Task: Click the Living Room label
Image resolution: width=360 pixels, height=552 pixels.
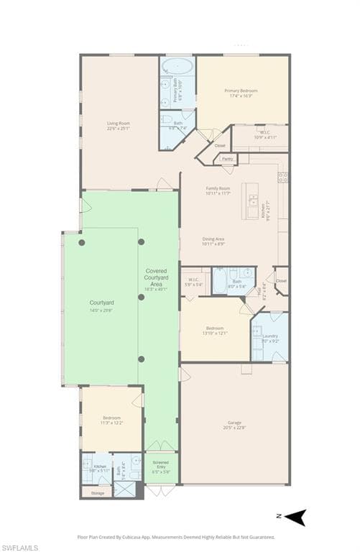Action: click(118, 124)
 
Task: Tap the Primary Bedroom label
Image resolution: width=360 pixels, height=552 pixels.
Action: click(241, 91)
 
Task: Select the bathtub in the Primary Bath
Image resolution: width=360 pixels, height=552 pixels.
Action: click(177, 68)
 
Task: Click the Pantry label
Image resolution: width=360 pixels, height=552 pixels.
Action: click(227, 159)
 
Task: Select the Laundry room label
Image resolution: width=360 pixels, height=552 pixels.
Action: click(270, 336)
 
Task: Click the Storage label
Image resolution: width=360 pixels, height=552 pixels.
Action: click(98, 493)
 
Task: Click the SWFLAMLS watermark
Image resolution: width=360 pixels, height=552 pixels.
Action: click(20, 547)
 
